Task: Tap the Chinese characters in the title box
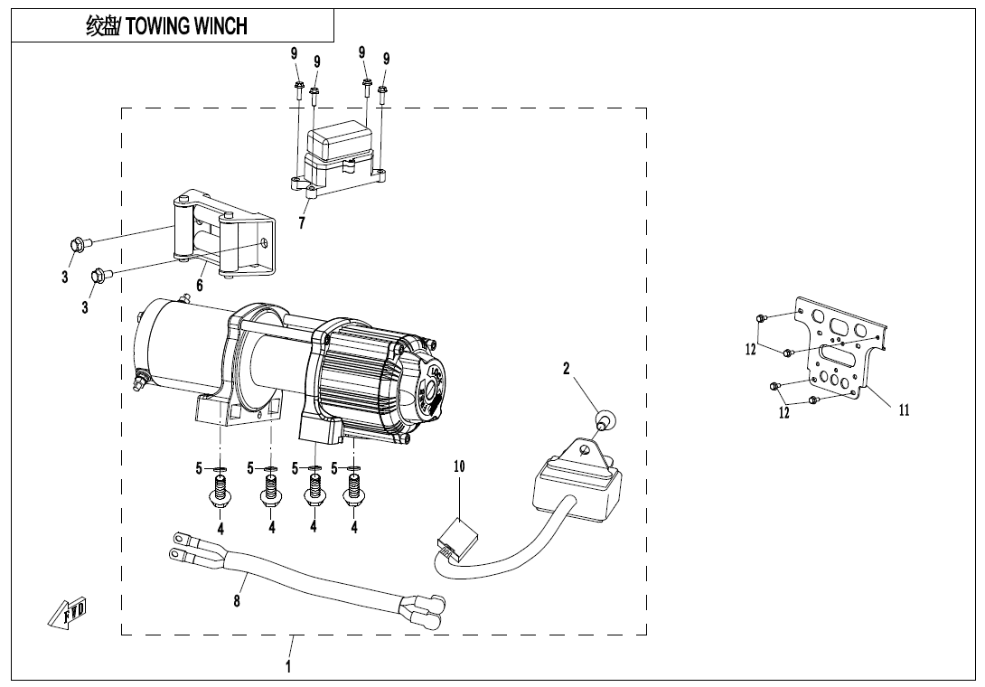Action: click(x=102, y=26)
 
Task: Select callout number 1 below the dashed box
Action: click(x=288, y=668)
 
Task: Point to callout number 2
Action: click(x=567, y=369)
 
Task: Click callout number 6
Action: click(x=200, y=286)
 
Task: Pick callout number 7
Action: click(x=304, y=223)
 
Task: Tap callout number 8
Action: click(x=237, y=601)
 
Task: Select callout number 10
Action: click(x=459, y=467)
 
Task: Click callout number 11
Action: click(x=904, y=409)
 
